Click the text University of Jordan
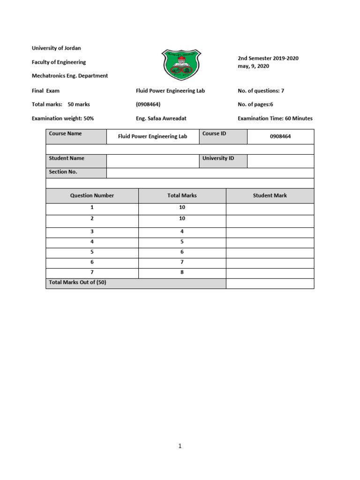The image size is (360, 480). coord(56,48)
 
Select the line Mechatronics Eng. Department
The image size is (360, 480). coord(69,75)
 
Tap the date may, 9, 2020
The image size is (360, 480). coord(254,66)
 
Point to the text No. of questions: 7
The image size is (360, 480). coord(261,90)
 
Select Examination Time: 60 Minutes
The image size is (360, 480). coord(275,119)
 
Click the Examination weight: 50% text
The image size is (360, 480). coord(63,119)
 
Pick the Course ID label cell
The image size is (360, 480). coord(223,136)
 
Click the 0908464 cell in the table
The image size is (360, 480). coord(280,136)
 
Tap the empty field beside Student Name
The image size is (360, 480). coord(153,161)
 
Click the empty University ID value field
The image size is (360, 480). coord(280,161)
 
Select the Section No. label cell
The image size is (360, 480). coord(76,172)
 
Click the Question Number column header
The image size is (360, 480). coord(92,195)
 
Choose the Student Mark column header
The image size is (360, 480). coord(270,195)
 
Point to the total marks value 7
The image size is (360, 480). coord(182,262)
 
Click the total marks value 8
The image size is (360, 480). coord(182,273)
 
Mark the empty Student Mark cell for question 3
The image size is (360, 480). coord(270,232)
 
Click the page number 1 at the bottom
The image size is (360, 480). coord(180,446)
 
